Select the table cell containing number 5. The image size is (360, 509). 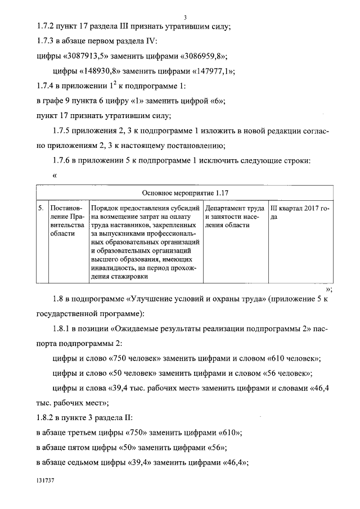[x=41, y=209]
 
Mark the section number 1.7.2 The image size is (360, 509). [x=42, y=26]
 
